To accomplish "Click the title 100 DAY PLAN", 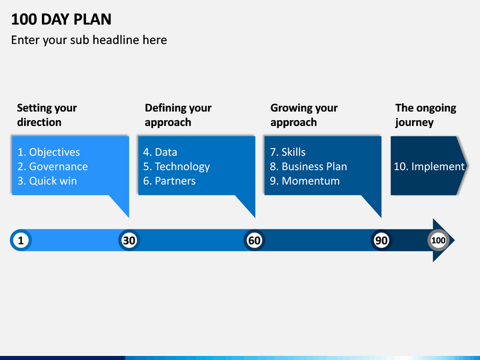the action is pyautogui.click(x=61, y=19).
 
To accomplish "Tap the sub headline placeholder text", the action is pyautogui.click(x=89, y=40).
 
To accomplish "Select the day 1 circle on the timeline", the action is pyautogui.click(x=21, y=240).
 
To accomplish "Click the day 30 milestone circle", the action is pyautogui.click(x=129, y=240).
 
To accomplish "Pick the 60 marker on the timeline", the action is pyautogui.click(x=255, y=240).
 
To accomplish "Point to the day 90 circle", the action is pyautogui.click(x=381, y=240).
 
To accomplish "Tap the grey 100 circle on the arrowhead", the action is pyautogui.click(x=439, y=240).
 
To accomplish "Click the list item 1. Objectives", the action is pyautogui.click(x=49, y=152).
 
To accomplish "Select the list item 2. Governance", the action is pyautogui.click(x=53, y=167).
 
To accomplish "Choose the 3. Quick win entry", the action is pyautogui.click(x=47, y=181).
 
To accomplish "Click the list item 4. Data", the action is pyautogui.click(x=160, y=152).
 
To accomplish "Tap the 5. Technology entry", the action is pyautogui.click(x=177, y=167).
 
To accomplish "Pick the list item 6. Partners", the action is pyautogui.click(x=169, y=181).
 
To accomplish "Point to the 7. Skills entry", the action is pyautogui.click(x=288, y=152).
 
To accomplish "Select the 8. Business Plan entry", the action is pyautogui.click(x=309, y=167).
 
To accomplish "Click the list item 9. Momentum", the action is pyautogui.click(x=305, y=181).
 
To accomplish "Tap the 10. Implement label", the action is pyautogui.click(x=429, y=167).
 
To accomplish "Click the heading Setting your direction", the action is pyautogui.click(x=47, y=115).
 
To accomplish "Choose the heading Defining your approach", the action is pyautogui.click(x=178, y=115).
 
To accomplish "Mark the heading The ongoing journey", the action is pyautogui.click(x=425, y=115).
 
